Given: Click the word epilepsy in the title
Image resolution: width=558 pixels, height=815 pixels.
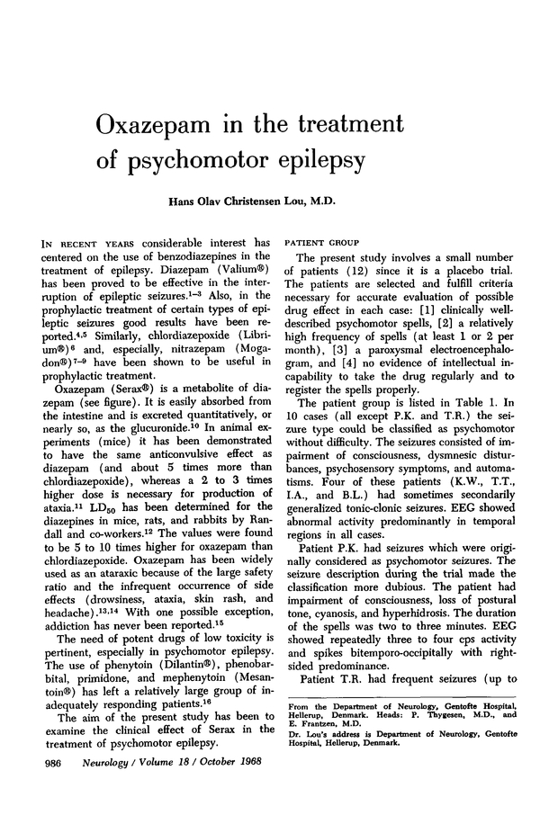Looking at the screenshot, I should click(306, 163).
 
